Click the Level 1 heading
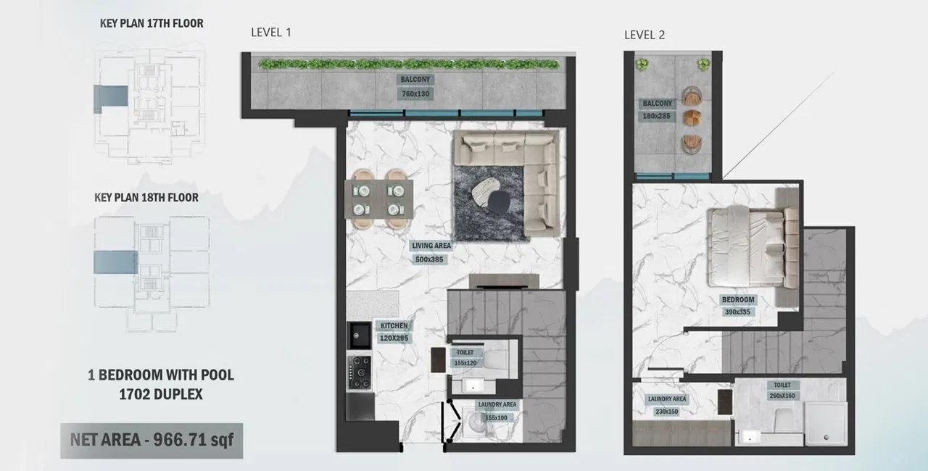pyautogui.click(x=270, y=33)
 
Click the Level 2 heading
pyautogui.click(x=645, y=35)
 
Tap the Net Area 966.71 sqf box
pyautogui.click(x=152, y=439)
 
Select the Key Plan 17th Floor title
pyautogui.click(x=152, y=23)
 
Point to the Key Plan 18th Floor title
pyautogui.click(x=146, y=197)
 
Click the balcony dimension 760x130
pyautogui.click(x=414, y=93)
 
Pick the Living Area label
pyautogui.click(x=431, y=246)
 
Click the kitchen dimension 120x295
pyautogui.click(x=394, y=337)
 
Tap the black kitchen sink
pyautogui.click(x=360, y=334)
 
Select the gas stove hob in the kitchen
pyautogui.click(x=360, y=371)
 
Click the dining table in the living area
pyautogui.click(x=378, y=199)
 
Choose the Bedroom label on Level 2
pyautogui.click(x=737, y=299)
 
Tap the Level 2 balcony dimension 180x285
pyautogui.click(x=658, y=116)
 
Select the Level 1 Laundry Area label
pyautogui.click(x=497, y=405)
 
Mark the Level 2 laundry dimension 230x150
pyautogui.click(x=667, y=412)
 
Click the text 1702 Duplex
pyautogui.click(x=161, y=395)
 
